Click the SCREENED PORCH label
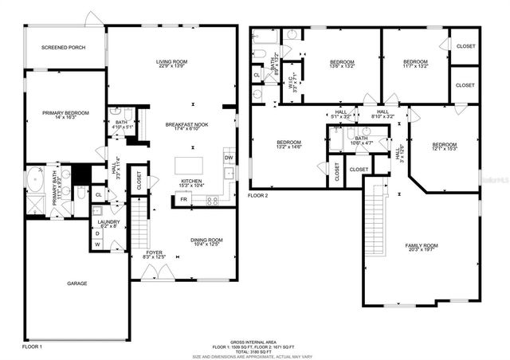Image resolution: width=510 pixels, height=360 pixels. coord(64,48)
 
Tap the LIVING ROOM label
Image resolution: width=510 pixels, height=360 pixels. coord(172,62)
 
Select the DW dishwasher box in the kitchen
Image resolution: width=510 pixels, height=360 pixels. coord(228,158)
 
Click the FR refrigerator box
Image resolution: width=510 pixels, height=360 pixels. coord(184,198)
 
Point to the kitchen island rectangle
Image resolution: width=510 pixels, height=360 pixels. coord(192,165)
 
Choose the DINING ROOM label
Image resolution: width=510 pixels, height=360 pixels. coord(206,240)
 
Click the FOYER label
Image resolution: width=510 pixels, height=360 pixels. coord(154,252)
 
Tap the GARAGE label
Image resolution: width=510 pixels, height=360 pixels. coord(76,284)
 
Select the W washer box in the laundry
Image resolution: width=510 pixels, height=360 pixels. coord(98,245)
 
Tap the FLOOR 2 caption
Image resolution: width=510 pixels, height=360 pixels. coord(257,194)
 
